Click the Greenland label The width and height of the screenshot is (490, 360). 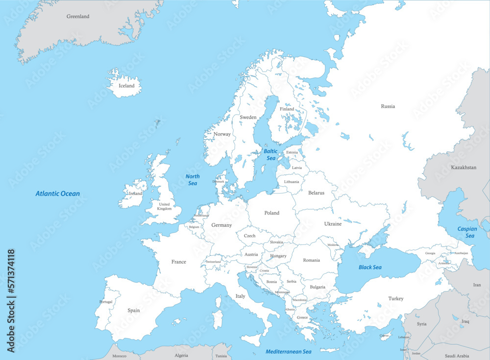point(78,17)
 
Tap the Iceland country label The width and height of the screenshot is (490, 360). point(126,86)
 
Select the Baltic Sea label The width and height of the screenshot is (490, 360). point(270,155)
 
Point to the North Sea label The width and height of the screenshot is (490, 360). point(193,180)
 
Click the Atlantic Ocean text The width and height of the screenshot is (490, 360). point(57,194)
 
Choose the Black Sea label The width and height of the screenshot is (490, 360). point(370,267)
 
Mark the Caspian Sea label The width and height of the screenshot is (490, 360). point(467,232)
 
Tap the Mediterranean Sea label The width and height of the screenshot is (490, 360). point(289,352)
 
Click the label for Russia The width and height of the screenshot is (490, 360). point(388,106)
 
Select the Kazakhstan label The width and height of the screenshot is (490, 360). point(463,168)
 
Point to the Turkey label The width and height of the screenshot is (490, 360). point(395,299)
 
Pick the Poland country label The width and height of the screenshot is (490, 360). point(271,213)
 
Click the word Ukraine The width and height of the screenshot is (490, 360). point(333,224)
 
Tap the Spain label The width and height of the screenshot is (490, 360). point(133,311)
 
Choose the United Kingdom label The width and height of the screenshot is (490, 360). point(164,207)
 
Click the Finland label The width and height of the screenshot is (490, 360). point(287,109)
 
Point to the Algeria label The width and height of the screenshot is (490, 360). point(182,356)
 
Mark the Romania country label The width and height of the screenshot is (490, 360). point(311,261)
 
